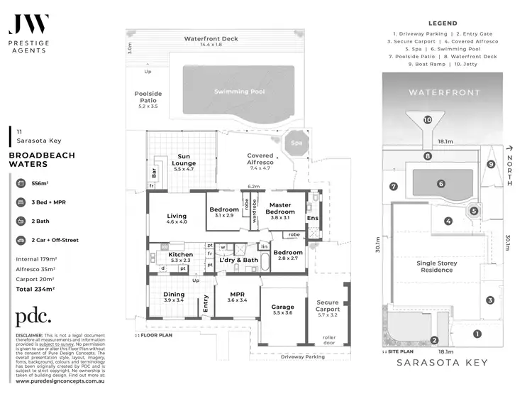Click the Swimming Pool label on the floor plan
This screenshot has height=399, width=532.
[x=237, y=92]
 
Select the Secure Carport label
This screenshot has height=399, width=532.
[x=328, y=305]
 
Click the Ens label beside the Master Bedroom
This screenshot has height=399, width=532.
[x=313, y=217]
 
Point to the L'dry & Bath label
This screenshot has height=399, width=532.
[x=238, y=260]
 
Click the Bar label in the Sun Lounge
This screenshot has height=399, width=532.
[x=154, y=172]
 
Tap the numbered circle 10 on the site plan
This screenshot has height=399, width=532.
[x=427, y=120]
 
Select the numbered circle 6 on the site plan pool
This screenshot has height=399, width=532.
[x=440, y=183]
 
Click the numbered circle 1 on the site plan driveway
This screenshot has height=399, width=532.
[x=477, y=334]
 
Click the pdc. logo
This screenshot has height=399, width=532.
[x=33, y=317]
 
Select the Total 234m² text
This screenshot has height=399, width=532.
[x=35, y=290]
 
